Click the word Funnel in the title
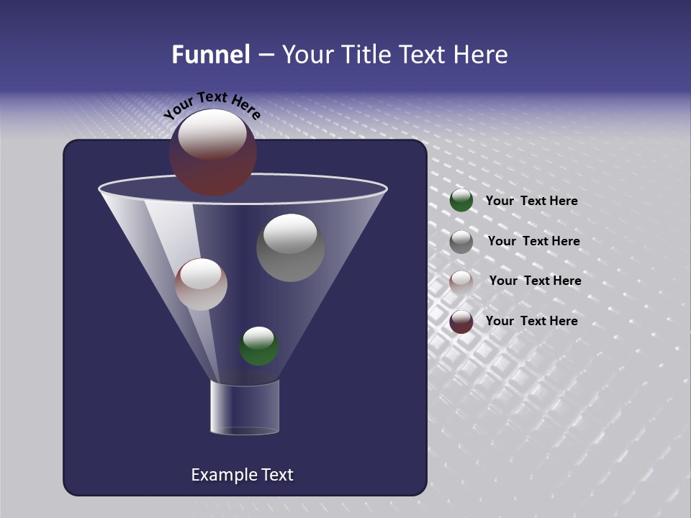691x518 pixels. pyautogui.click(x=211, y=55)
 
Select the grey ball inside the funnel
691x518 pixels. pyautogui.click(x=291, y=248)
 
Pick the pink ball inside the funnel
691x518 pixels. pyautogui.click(x=201, y=285)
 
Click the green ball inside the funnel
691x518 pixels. pyautogui.click(x=258, y=346)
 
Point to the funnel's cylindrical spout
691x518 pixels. pyautogui.click(x=244, y=407)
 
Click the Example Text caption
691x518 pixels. pyautogui.click(x=242, y=475)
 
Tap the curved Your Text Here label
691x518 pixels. pyautogui.click(x=212, y=105)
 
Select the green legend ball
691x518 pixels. pyautogui.click(x=461, y=201)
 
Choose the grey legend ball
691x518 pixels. pyautogui.click(x=461, y=242)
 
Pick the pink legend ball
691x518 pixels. pyautogui.click(x=461, y=282)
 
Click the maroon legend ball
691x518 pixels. pyautogui.click(x=461, y=322)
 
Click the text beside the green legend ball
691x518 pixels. pyautogui.click(x=531, y=201)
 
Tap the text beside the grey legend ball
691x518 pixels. pyautogui.click(x=533, y=241)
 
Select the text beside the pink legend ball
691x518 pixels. pyautogui.click(x=535, y=281)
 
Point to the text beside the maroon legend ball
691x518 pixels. pyautogui.click(x=531, y=321)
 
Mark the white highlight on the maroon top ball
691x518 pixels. pyautogui.click(x=212, y=135)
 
